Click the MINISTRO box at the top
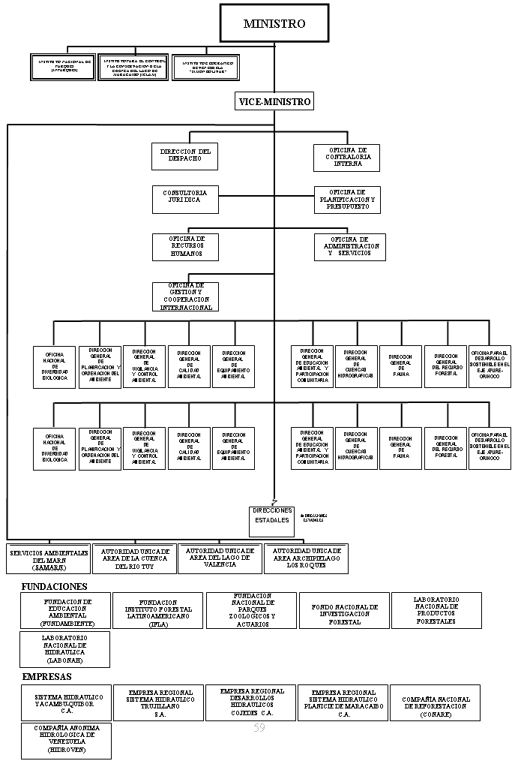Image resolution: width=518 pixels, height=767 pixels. pyautogui.click(x=274, y=23)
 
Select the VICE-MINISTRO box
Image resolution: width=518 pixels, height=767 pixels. pyautogui.click(x=274, y=101)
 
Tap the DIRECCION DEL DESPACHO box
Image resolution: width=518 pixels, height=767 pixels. pyautogui.click(x=185, y=156)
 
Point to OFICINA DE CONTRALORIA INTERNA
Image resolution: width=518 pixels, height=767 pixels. pyautogui.click(x=347, y=157)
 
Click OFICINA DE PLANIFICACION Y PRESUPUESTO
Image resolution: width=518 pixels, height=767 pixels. pyautogui.click(x=347, y=200)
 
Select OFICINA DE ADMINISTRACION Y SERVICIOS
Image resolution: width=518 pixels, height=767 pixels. pyautogui.click(x=350, y=247)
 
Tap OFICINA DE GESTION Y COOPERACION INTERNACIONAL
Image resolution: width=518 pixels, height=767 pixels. pyautogui.click(x=185, y=296)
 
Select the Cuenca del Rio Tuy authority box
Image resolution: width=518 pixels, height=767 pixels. pyautogui.click(x=135, y=558)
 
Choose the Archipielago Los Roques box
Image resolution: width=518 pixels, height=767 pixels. pyautogui.click(x=307, y=558)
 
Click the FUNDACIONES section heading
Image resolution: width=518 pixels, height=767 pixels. pyautogui.click(x=55, y=586)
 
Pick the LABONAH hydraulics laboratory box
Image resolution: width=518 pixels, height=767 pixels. pyautogui.click(x=64, y=649)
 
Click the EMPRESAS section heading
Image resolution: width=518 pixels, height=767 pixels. pyautogui.click(x=46, y=676)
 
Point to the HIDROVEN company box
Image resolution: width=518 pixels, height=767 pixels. pyautogui.click(x=66, y=739)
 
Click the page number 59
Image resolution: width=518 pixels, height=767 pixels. pyautogui.click(x=259, y=728)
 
